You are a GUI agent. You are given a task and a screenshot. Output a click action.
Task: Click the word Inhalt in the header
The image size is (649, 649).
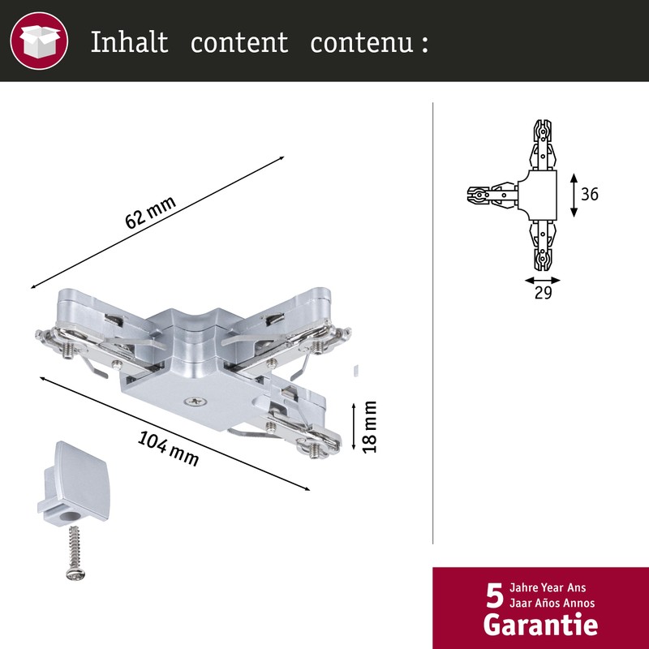(x=129, y=42)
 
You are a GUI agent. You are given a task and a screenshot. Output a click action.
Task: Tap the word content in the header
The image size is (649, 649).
(x=239, y=42)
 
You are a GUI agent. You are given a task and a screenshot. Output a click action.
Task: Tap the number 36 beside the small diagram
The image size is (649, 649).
(x=590, y=195)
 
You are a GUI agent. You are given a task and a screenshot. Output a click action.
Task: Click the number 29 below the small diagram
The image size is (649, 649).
(x=543, y=294)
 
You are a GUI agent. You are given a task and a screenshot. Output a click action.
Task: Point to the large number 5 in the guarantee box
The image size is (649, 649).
(x=494, y=595)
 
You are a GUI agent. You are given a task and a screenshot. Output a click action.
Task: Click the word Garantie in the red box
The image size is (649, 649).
(x=540, y=625)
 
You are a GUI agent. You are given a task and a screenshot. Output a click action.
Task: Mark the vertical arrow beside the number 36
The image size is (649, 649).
(x=574, y=195)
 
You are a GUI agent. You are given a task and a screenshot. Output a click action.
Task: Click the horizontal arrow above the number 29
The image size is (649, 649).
(x=542, y=278)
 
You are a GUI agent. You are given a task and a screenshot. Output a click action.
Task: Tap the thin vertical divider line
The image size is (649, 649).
(x=434, y=324)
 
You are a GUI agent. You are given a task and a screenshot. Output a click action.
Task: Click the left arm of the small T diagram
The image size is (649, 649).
(x=492, y=195)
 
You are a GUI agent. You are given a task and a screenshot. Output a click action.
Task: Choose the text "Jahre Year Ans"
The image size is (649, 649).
(x=548, y=587)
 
